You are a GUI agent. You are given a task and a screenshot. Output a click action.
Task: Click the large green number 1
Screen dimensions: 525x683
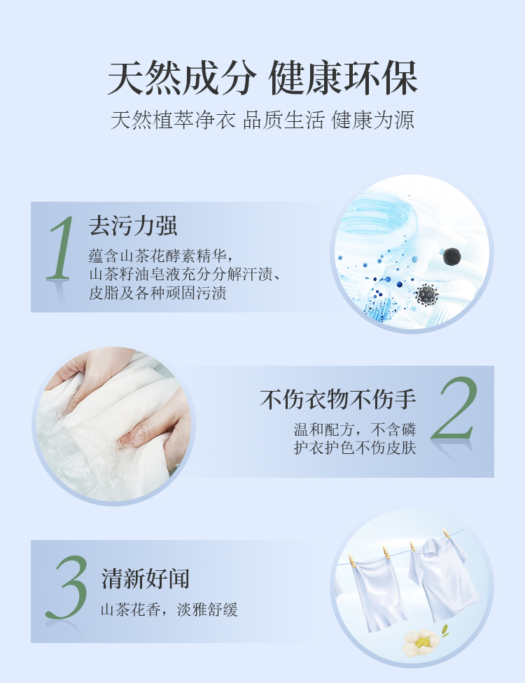[x=62, y=248]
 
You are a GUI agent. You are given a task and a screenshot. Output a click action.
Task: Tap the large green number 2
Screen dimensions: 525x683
[x=455, y=408]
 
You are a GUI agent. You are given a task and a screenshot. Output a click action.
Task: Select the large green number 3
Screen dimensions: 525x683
[x=67, y=587]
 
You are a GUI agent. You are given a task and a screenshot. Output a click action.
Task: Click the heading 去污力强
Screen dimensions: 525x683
[x=133, y=226]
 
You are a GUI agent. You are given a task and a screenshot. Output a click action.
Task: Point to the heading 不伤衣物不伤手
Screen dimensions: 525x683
[x=338, y=399]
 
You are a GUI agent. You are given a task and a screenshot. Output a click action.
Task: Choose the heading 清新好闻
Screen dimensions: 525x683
[x=146, y=579]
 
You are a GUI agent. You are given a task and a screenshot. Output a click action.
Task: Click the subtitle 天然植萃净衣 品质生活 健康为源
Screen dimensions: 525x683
[x=262, y=120]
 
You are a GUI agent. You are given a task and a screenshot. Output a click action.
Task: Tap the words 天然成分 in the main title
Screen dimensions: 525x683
[x=182, y=78]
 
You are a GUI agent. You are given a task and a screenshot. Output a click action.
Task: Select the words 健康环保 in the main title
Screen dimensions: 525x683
[x=343, y=78]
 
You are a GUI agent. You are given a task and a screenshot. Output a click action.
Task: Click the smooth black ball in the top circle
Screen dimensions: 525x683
[x=452, y=256]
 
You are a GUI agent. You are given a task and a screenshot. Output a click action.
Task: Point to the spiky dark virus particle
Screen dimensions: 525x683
[x=426, y=295]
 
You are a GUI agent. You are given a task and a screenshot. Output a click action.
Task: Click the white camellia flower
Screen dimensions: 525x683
[x=421, y=642]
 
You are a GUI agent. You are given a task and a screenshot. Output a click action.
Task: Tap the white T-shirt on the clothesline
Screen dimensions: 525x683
[x=442, y=577]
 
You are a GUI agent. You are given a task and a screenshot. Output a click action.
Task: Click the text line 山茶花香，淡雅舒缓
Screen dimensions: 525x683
[x=169, y=609]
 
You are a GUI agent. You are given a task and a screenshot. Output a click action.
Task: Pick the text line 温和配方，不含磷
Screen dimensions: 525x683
[x=355, y=429]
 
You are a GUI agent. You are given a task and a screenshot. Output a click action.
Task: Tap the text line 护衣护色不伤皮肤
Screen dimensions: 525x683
[x=355, y=448]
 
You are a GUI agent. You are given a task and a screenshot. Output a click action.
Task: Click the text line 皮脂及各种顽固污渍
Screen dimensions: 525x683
[x=157, y=293]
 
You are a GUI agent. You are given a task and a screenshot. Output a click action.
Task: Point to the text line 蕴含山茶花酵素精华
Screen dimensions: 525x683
[x=157, y=255]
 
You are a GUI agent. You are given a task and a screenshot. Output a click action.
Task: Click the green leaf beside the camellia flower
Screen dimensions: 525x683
[x=444, y=630]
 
